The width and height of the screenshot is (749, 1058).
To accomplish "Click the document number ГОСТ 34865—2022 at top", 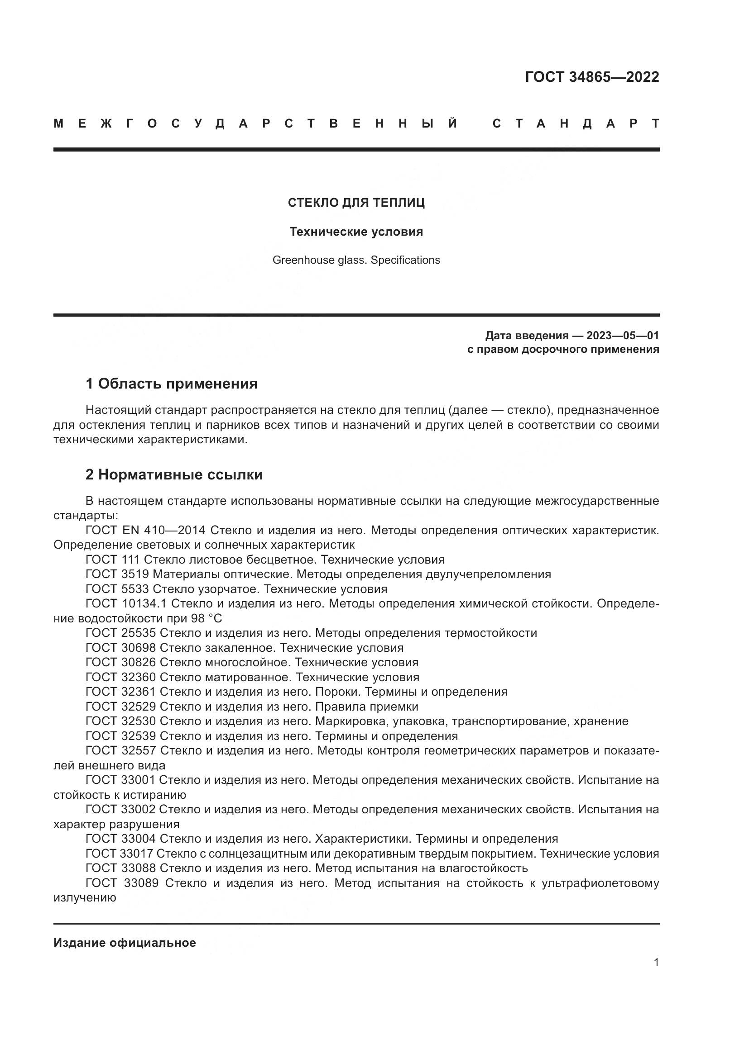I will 592,77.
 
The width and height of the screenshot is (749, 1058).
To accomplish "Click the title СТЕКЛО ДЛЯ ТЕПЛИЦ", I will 356,203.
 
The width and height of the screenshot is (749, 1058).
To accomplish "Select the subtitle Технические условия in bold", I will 356,232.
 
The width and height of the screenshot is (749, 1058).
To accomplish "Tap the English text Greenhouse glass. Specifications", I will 356,261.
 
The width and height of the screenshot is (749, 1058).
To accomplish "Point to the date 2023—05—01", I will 622,336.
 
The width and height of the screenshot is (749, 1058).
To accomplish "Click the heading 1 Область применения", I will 172,384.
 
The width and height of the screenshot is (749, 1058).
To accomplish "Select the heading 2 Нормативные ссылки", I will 174,474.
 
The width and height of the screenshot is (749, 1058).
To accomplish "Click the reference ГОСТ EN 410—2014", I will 145,531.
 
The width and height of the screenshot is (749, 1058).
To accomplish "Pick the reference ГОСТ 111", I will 113,560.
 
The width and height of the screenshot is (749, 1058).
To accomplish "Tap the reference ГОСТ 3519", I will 117,574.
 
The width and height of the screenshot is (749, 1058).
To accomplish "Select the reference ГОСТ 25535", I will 121,633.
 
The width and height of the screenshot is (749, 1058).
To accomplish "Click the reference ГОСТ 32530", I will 121,721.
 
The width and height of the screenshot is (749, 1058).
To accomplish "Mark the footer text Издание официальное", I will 125,943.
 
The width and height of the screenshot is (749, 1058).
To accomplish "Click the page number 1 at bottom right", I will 656,963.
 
